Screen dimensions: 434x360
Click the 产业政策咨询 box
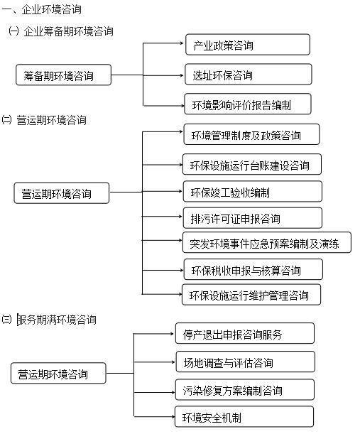(x=248, y=45)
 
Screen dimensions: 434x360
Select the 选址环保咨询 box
(x=248, y=75)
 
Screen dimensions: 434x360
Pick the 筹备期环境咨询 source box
(x=63, y=75)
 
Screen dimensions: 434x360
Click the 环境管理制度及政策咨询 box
(x=251, y=134)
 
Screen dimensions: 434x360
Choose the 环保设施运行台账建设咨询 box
(x=251, y=165)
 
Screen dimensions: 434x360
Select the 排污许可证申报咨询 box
(x=251, y=217)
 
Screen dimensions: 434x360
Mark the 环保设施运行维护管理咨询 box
(x=251, y=295)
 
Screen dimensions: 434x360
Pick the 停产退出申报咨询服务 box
(x=244, y=333)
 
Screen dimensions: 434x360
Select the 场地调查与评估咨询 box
(x=244, y=362)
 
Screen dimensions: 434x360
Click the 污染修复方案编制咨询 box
(x=244, y=390)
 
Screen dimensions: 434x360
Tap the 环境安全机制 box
(x=244, y=417)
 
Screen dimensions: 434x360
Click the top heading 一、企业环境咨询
(x=42, y=10)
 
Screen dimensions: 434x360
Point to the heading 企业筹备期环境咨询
(x=67, y=31)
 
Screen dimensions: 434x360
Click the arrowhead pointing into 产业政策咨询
(x=182, y=44)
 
